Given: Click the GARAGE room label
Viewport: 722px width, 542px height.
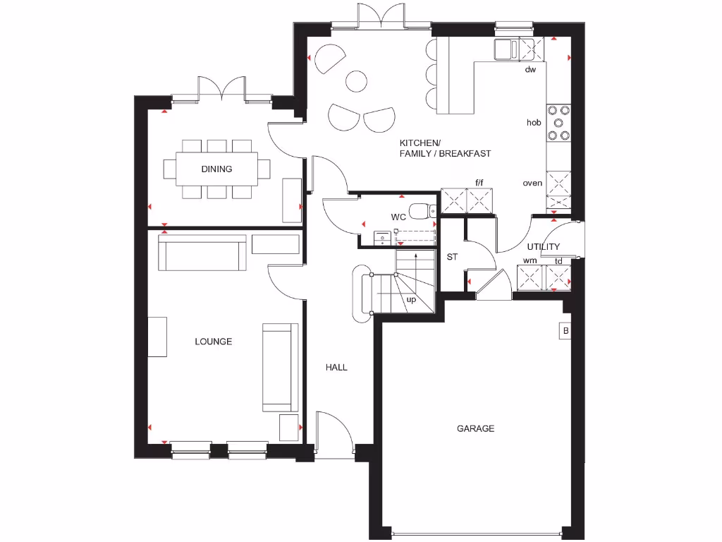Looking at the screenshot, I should (x=475, y=428).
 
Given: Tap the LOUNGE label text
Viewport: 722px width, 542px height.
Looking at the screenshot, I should (x=214, y=342).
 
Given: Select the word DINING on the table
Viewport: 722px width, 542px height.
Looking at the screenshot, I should (x=216, y=169).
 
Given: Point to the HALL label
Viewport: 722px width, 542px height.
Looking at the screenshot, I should (x=336, y=368).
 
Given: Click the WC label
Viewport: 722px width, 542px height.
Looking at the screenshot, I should (x=398, y=217).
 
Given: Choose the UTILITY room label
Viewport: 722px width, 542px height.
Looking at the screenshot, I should (x=544, y=247).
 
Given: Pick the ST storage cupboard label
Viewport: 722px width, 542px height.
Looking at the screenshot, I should (x=452, y=257).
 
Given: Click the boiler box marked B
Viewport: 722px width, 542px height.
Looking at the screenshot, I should (x=565, y=331).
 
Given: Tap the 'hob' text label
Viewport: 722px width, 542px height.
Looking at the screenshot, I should (x=534, y=123).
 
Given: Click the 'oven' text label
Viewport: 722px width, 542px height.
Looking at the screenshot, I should (x=532, y=183).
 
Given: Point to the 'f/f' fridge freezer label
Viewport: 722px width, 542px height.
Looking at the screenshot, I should (x=480, y=183).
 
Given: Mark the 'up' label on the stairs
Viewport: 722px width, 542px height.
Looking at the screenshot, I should (x=411, y=299).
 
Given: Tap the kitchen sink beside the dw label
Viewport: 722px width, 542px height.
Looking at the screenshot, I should (x=505, y=49).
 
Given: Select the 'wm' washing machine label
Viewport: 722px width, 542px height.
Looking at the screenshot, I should (x=530, y=260).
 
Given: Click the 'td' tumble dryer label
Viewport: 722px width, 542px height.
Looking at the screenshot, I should (x=558, y=260).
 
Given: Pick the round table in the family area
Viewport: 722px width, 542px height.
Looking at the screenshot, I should (x=357, y=80).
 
